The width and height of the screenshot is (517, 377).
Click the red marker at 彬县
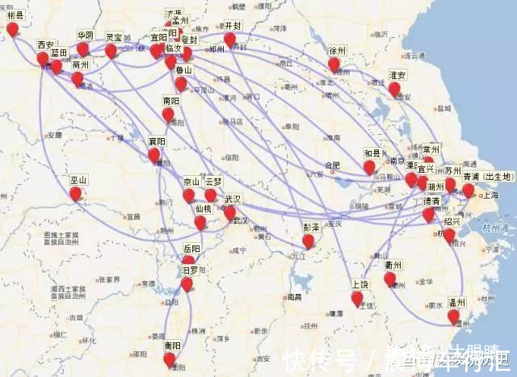click(12, 29)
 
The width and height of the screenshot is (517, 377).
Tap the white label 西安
click(46, 44)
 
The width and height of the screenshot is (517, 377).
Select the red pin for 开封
click(230, 39)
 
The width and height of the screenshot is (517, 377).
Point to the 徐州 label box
click(337, 50)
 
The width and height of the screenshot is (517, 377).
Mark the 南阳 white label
click(170, 102)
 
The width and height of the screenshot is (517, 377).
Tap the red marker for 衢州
click(390, 279)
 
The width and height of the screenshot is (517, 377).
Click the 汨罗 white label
click(190, 269)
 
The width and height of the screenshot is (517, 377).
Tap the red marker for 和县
click(369, 167)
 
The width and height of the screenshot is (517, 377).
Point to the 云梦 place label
click(213, 182)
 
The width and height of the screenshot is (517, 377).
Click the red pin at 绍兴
click(449, 235)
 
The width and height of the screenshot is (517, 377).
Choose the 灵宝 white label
click(114, 37)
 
